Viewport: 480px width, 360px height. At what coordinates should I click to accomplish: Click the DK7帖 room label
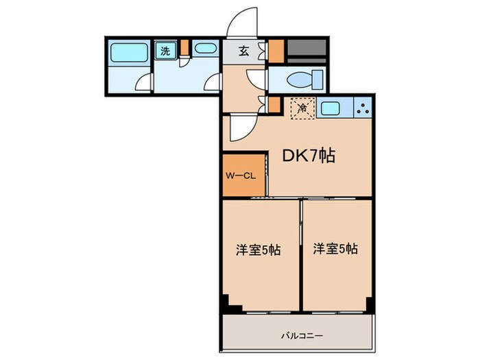point(309,156)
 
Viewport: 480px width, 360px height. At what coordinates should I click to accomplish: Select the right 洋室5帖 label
point(335,249)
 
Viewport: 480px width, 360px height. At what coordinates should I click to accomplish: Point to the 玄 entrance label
point(244,51)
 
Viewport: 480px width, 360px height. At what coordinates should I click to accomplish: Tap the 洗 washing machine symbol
point(165,50)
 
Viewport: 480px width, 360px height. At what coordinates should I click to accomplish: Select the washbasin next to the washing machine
point(204,49)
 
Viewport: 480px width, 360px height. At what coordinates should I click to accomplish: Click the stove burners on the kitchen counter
point(362,107)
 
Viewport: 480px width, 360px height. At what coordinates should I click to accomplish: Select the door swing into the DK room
point(241,126)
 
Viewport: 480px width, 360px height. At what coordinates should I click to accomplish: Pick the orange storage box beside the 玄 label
point(276,51)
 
